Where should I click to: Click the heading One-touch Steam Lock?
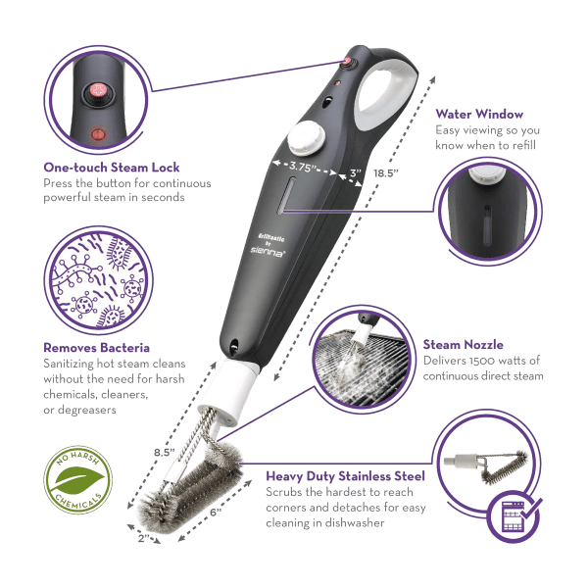click(112, 168)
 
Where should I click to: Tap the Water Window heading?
click(479, 114)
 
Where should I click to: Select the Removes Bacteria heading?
click(96, 348)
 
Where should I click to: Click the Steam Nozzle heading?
click(464, 345)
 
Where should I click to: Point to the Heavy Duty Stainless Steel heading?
click(345, 476)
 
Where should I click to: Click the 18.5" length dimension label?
click(386, 173)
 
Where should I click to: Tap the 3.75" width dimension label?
click(300, 167)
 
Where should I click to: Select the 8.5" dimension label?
click(165, 452)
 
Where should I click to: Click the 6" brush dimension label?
click(216, 513)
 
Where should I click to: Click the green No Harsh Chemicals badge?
click(78, 479)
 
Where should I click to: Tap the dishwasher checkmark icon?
click(514, 516)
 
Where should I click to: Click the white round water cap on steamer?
click(307, 137)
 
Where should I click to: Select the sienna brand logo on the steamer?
click(268, 253)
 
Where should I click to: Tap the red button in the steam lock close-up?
click(99, 91)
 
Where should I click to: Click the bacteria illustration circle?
click(98, 280)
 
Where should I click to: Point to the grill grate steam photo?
click(362, 359)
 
